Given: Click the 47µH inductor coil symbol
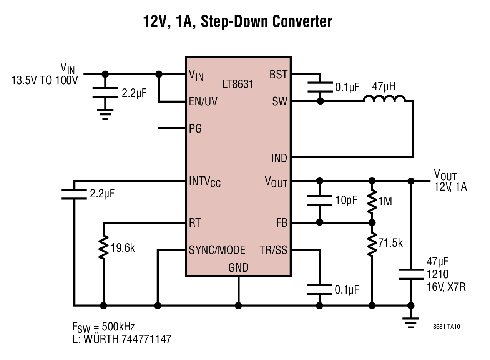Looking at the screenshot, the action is [x=384, y=98].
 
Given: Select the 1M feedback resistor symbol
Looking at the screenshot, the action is [x=372, y=201].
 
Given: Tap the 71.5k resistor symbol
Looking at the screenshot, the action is [x=372, y=244].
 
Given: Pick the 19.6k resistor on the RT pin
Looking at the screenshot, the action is [x=103, y=247].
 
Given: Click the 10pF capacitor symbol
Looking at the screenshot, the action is [x=320, y=201].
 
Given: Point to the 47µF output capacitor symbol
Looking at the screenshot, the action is [x=411, y=274].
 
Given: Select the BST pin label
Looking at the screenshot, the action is [x=278, y=75].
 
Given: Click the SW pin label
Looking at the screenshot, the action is [x=279, y=101].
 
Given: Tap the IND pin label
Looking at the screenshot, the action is [x=279, y=158].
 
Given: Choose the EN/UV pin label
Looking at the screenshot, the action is [x=203, y=101].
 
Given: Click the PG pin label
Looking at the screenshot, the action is [x=195, y=128].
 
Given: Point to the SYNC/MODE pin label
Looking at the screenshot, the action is [x=217, y=250].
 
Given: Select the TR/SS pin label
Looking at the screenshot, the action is [x=273, y=250].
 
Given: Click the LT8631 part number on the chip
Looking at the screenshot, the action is [x=238, y=84].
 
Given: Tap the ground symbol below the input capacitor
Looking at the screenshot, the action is [x=105, y=114].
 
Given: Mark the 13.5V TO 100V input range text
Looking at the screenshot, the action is [x=45, y=80].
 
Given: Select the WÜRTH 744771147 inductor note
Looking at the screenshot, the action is [x=127, y=339].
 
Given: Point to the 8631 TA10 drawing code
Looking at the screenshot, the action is [x=447, y=327].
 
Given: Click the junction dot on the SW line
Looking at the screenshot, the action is [x=320, y=101].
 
